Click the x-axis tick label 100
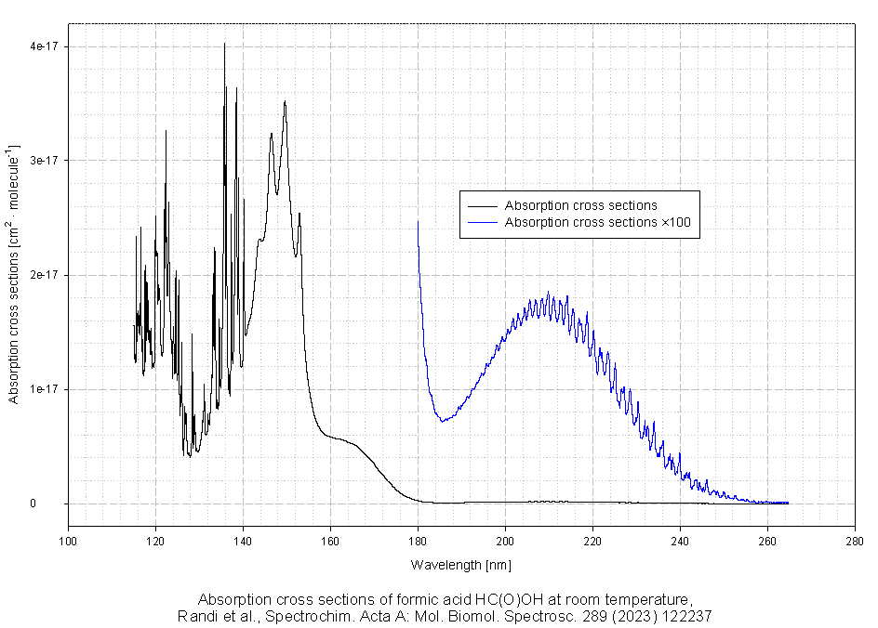[68, 541]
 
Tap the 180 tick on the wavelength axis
[418, 541]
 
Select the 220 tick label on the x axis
[592, 541]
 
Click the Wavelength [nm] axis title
[461, 565]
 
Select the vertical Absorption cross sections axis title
[14, 274]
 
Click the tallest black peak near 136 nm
[224, 44]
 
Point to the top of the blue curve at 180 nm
[418, 221]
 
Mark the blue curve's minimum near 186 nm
[444, 421]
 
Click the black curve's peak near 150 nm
[285, 101]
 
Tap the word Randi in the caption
[196, 616]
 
